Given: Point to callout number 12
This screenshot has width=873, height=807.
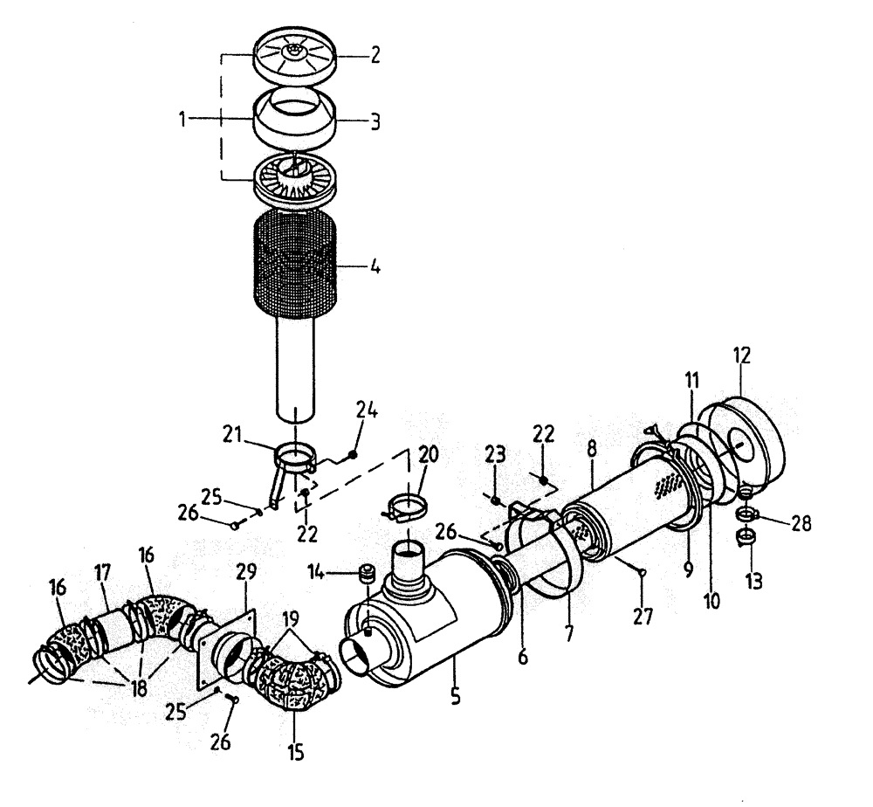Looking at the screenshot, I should click(741, 355).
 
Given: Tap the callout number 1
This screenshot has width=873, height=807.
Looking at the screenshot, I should click(184, 120).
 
